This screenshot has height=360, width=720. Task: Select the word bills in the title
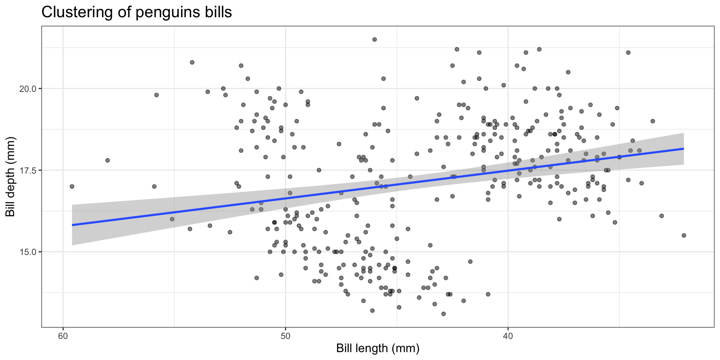pyautogui.click(x=219, y=12)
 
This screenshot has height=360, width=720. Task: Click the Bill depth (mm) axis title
pyautogui.click(x=10, y=177)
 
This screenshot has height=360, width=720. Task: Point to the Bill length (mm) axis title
pyautogui.click(x=378, y=348)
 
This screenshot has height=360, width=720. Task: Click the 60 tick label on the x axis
pyautogui.click(x=63, y=336)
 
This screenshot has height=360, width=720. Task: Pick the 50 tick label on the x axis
pyautogui.click(x=285, y=336)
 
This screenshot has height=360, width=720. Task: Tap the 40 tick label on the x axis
pyautogui.click(x=508, y=336)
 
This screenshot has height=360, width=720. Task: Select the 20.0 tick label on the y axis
pyautogui.click(x=28, y=89)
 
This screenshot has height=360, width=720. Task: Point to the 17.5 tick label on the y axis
pyautogui.click(x=28, y=170)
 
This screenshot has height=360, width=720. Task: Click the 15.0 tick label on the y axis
pyautogui.click(x=28, y=252)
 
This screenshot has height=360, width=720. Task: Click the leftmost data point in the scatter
pyautogui.click(x=72, y=186)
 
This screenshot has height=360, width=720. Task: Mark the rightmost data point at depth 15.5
pyautogui.click(x=684, y=235)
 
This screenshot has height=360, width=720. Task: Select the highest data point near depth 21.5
pyautogui.click(x=374, y=39)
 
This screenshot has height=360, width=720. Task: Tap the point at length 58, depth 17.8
pyautogui.click(x=108, y=160)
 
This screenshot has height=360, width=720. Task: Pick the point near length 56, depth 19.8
pyautogui.click(x=156, y=95)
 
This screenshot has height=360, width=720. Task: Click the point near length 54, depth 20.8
pyautogui.click(x=192, y=62)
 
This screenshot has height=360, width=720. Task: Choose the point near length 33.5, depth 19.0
pyautogui.click(x=652, y=121)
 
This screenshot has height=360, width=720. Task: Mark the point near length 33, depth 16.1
pyautogui.click(x=661, y=216)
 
